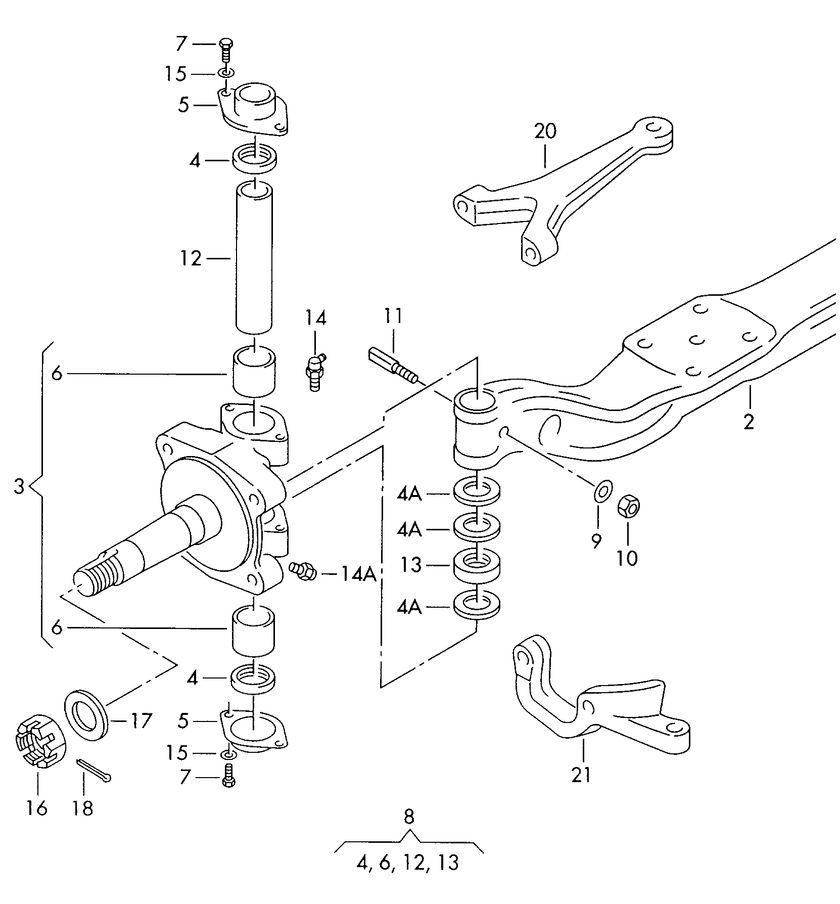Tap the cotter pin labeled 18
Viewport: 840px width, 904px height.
tap(94, 771)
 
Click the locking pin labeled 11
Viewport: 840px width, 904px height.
tap(393, 365)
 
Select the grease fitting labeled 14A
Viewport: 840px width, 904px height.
tap(303, 570)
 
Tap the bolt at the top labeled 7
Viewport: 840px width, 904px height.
tap(226, 49)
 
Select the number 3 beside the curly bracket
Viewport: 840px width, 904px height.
tap(18, 487)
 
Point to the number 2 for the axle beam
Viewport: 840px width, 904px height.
tap(749, 421)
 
